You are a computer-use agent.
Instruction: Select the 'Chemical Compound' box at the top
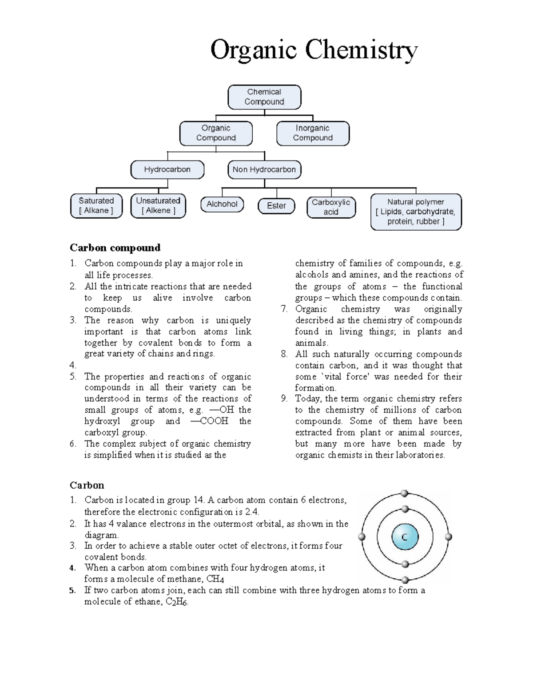264,97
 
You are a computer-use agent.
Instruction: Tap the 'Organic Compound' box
216,133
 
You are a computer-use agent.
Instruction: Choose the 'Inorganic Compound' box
313,133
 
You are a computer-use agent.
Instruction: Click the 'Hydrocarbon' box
167,169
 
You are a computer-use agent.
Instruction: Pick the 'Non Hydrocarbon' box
264,169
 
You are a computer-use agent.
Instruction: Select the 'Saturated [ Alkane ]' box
96,206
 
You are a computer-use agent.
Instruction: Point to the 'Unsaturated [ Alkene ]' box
158,206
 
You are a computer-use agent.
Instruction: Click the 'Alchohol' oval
222,205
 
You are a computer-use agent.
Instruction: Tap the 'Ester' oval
276,206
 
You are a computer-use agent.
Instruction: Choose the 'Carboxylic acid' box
331,207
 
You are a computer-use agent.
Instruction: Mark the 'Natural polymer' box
416,212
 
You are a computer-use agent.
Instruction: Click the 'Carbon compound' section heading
115,248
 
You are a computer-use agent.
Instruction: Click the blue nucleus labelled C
405,537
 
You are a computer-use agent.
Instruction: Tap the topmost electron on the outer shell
404,493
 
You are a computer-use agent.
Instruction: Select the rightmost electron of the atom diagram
448,537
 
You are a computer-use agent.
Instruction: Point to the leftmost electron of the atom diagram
362,537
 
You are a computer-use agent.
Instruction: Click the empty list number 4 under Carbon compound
73,366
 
